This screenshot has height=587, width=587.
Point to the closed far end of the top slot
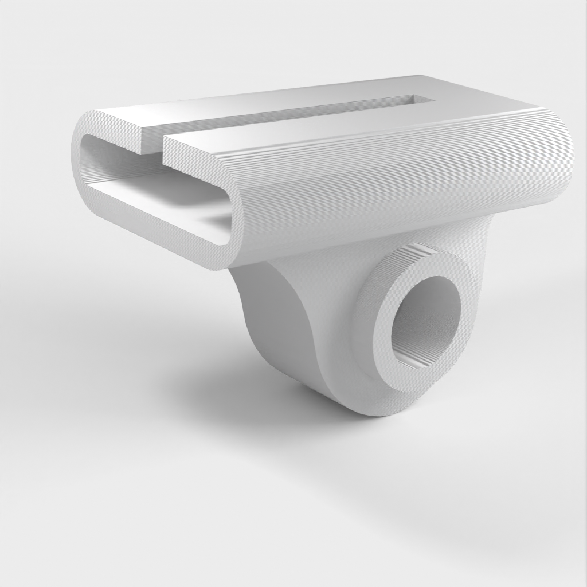(422, 98)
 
